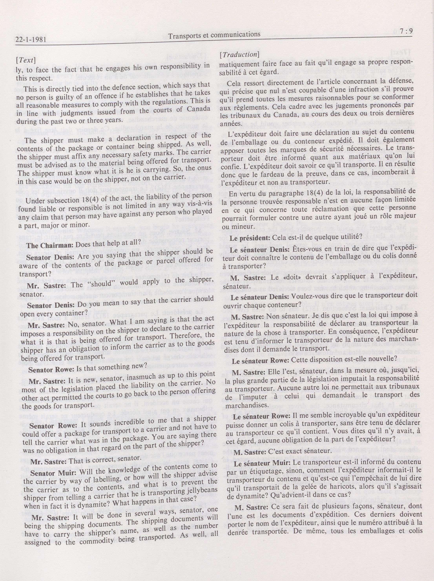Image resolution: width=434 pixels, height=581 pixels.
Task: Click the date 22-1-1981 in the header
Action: coord(31,40)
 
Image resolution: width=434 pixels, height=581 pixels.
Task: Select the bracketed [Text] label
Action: coord(26,60)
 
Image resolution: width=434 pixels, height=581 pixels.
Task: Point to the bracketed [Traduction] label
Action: coord(239,54)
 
